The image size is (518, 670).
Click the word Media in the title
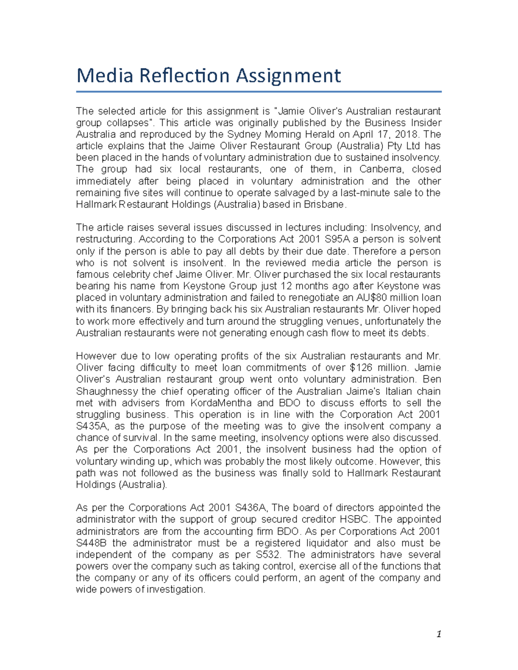104,76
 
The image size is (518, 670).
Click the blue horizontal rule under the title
259,92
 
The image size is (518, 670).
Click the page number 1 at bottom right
439,634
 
